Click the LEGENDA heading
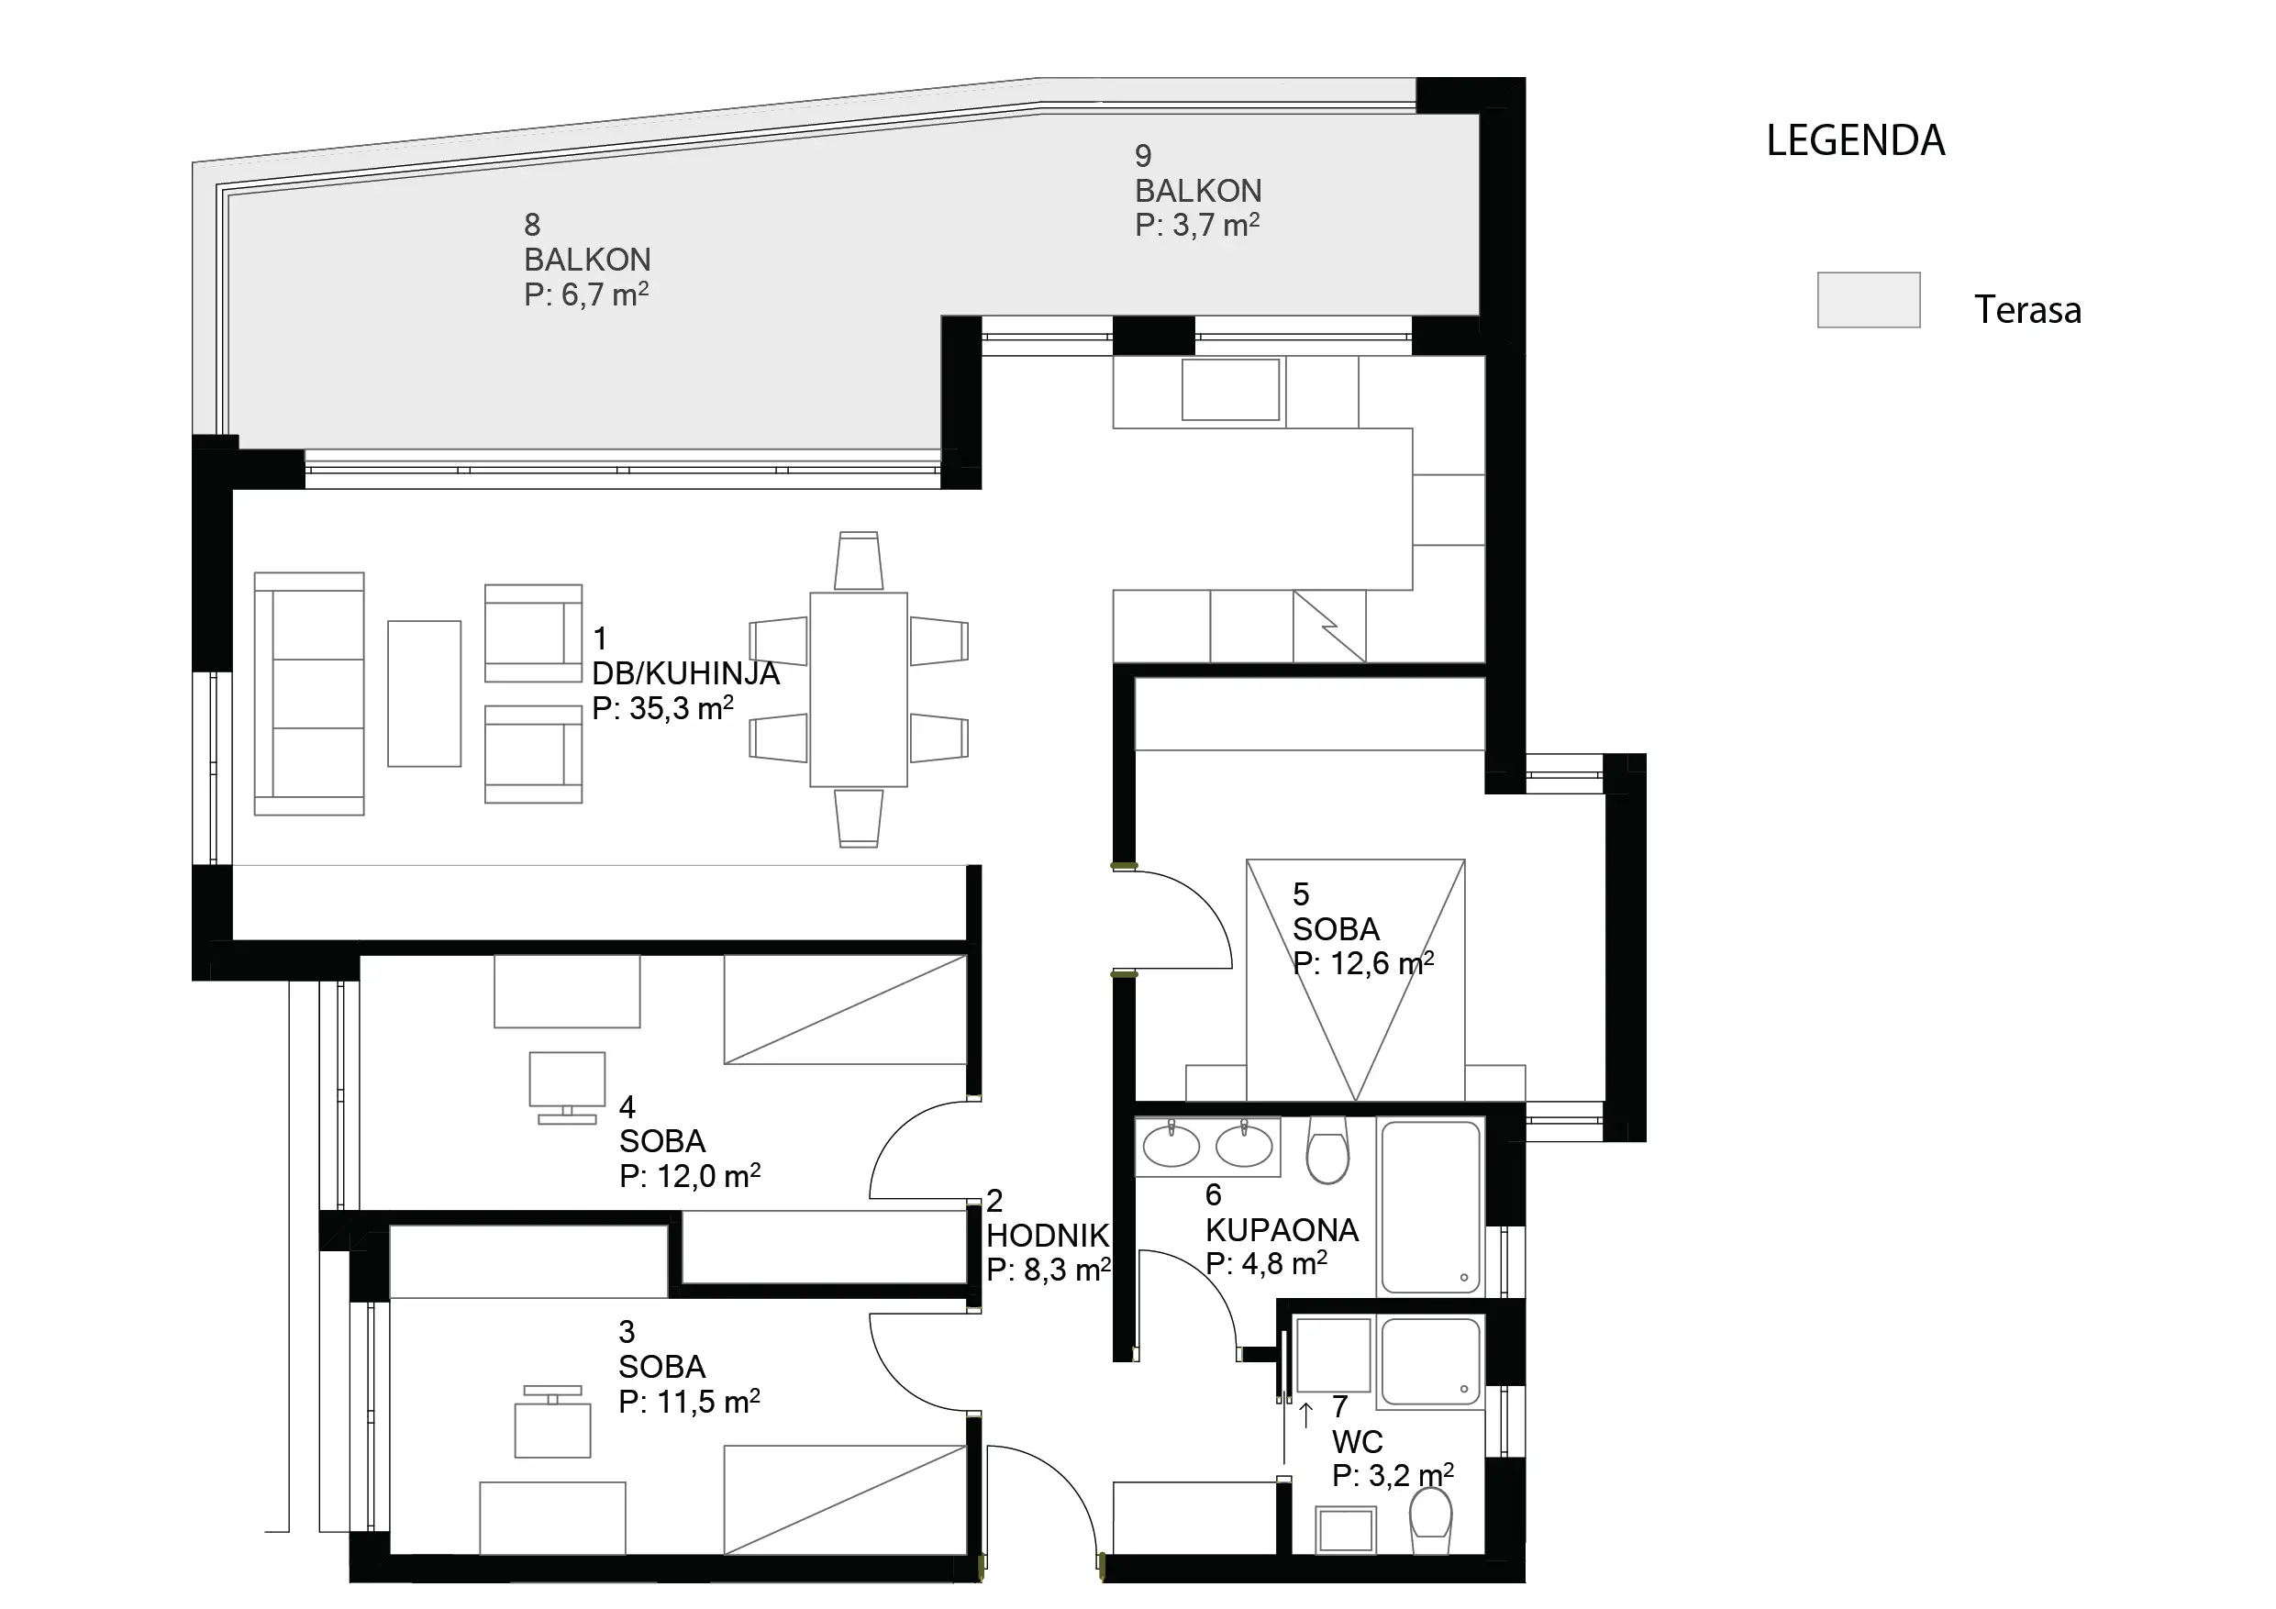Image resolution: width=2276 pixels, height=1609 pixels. pos(1856,140)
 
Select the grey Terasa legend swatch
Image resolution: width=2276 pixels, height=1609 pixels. pos(1869,299)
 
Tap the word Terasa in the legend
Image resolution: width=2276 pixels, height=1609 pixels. pos(2027,310)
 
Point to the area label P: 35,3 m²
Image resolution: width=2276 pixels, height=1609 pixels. pos(662,708)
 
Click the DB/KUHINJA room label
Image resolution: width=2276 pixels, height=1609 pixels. pos(686,673)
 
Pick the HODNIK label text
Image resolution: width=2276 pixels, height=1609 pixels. pos(1048,1236)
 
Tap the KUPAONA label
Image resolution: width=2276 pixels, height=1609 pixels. pos(1282,1229)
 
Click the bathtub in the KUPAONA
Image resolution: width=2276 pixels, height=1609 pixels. pos(1430,1206)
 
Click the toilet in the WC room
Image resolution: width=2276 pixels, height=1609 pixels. pos(1429,1524)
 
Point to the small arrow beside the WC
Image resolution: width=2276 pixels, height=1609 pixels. pos(1306,1415)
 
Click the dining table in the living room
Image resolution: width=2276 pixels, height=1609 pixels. pos(859,690)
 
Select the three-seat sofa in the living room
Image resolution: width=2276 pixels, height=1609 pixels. pos(309,694)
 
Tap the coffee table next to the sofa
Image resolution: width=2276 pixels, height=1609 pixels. pos(424,694)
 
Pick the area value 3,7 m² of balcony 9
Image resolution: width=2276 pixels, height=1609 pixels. pos(1216,225)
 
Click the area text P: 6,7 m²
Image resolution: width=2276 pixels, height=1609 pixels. pos(587,294)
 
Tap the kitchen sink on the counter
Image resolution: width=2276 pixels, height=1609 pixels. pos(1230,390)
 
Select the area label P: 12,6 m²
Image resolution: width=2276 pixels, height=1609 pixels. pos(1364,963)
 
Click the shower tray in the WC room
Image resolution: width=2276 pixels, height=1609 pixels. pos(1430,1361)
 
